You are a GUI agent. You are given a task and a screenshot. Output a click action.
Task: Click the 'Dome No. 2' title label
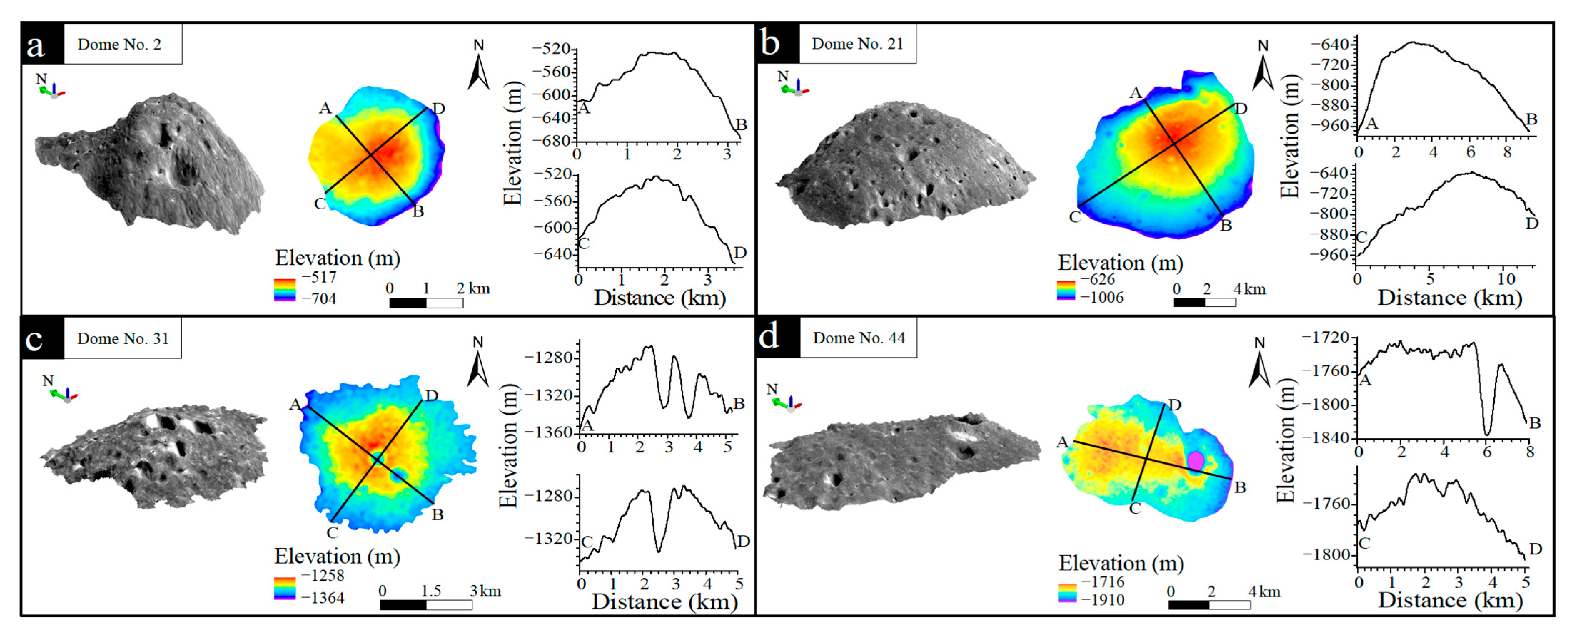(120, 45)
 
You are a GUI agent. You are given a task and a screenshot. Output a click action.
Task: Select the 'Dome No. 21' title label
(857, 44)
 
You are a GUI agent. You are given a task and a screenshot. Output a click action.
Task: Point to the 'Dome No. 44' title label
(859, 338)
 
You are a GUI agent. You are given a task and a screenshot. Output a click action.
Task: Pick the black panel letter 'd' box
(778, 337)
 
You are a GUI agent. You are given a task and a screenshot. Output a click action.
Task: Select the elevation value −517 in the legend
(319, 277)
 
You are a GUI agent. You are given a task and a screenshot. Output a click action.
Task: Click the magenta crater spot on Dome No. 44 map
(1195, 461)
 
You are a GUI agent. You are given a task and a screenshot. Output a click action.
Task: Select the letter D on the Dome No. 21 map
(1240, 109)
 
